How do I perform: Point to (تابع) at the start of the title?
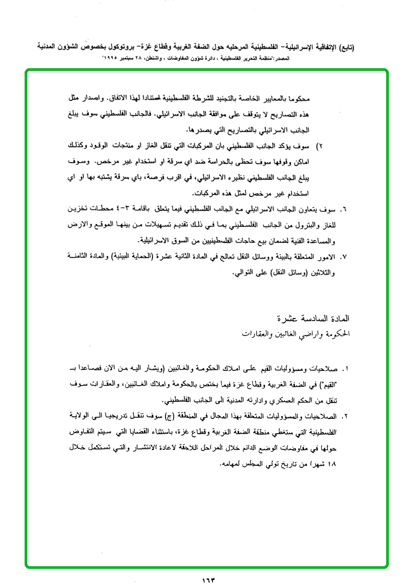(345, 47)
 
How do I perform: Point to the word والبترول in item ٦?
(310, 224)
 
